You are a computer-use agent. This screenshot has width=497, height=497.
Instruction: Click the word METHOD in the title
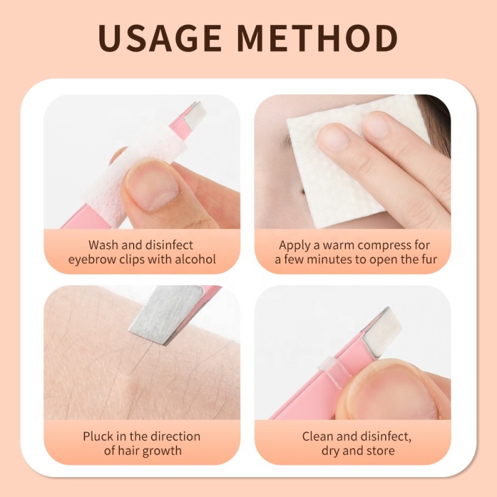[x=317, y=39]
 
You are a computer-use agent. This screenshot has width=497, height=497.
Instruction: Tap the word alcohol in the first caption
[x=193, y=260]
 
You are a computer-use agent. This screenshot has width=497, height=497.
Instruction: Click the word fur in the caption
[x=429, y=260]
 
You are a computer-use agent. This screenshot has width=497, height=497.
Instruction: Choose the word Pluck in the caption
[x=98, y=436]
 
